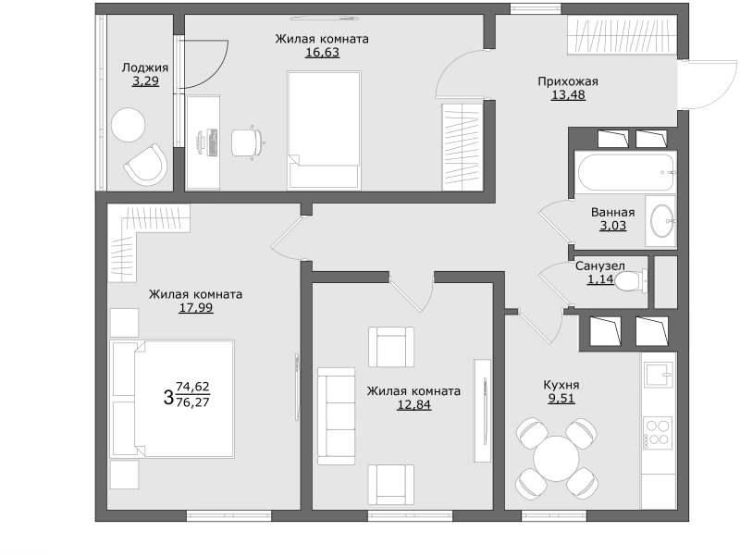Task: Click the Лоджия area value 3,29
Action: point(145,81)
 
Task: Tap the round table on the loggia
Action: point(128,125)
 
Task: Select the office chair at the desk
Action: point(247,142)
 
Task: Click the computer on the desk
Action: point(207,142)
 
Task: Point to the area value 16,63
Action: point(322,52)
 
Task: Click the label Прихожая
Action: point(568,81)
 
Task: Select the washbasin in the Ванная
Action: point(662,220)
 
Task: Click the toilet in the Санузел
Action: point(632,282)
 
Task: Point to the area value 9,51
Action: point(561,399)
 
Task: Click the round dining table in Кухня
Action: point(557,458)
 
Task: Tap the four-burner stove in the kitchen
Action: point(658,433)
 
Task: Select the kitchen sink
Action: point(660,376)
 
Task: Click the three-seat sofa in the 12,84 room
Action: point(336,416)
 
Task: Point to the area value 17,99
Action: point(196,308)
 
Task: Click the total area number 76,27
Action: point(193,402)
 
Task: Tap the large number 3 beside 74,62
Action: point(168,397)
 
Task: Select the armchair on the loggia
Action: point(146,165)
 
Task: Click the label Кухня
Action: point(561,385)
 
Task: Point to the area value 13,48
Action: point(568,95)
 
